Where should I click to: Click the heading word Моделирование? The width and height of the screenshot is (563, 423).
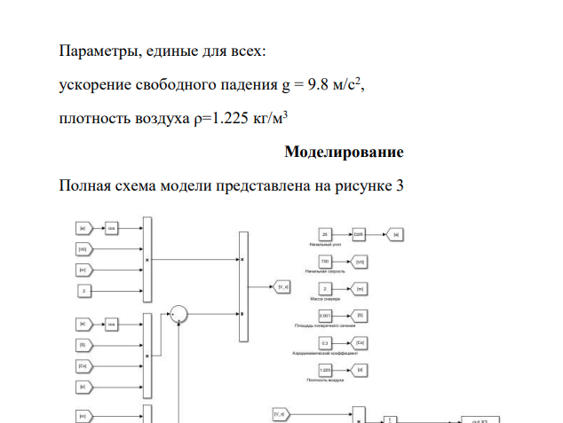pos(344,152)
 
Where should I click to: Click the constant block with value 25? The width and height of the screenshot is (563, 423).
pos(325,234)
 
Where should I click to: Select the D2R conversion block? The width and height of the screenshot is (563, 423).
pos(359,234)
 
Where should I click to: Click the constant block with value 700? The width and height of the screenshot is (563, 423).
pos(325,261)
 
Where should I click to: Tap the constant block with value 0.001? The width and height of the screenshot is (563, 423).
pos(325,315)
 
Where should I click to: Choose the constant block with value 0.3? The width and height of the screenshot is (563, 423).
pos(325,341)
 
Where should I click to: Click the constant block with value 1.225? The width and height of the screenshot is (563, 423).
pos(325,368)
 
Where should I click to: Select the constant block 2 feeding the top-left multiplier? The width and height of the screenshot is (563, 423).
pos(83,290)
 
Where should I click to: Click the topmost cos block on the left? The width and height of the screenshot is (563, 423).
pos(113,229)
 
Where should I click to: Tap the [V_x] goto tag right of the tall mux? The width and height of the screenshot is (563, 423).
pos(282,287)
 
